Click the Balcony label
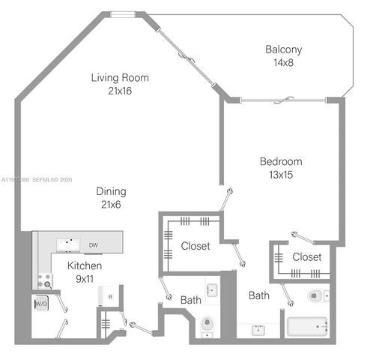[x=284, y=50]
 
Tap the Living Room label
[x=120, y=77]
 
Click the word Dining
[x=110, y=191]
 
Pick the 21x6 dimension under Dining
[x=110, y=204]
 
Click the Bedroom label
[x=281, y=161]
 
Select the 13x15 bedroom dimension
[x=281, y=175]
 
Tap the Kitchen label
[x=85, y=266]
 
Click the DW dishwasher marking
[x=94, y=244]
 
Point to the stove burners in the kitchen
[x=46, y=281]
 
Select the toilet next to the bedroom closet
[x=317, y=296]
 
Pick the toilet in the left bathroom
[x=207, y=325]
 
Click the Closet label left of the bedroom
[x=195, y=246]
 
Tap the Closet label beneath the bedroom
[x=306, y=257]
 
